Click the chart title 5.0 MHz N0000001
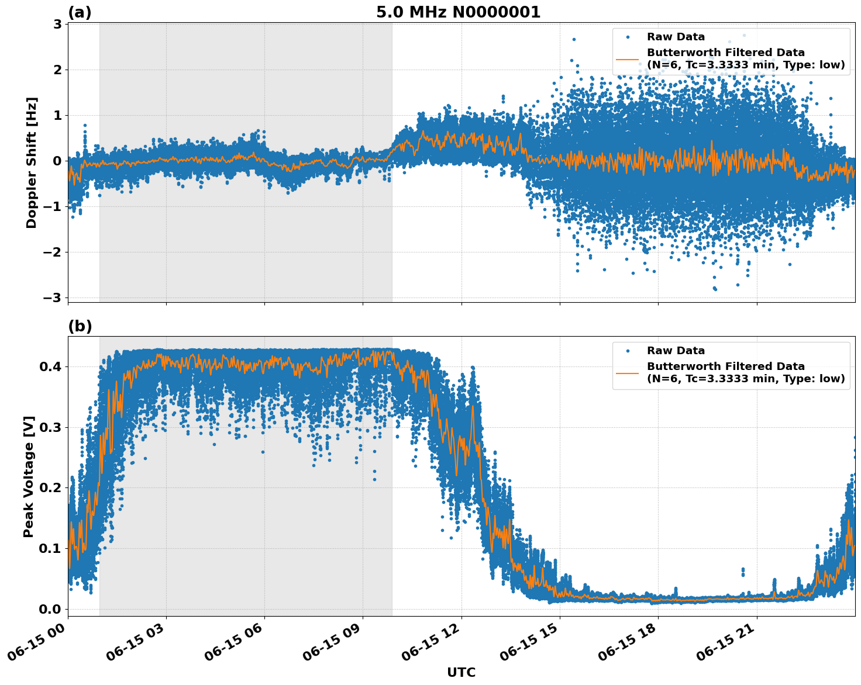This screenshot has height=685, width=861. point(458,12)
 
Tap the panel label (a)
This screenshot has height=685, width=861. point(80,12)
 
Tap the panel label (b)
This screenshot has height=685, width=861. point(80,326)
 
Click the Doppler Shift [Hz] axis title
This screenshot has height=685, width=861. point(32,162)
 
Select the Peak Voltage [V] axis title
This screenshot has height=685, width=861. point(29,476)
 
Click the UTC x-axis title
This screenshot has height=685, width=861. point(461,672)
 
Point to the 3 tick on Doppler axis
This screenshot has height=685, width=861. point(57,24)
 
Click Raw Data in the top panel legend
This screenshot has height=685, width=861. point(676,37)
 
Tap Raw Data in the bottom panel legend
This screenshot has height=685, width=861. point(676,351)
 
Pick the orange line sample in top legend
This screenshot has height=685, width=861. point(628,59)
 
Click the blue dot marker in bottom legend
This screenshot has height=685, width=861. point(628,351)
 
